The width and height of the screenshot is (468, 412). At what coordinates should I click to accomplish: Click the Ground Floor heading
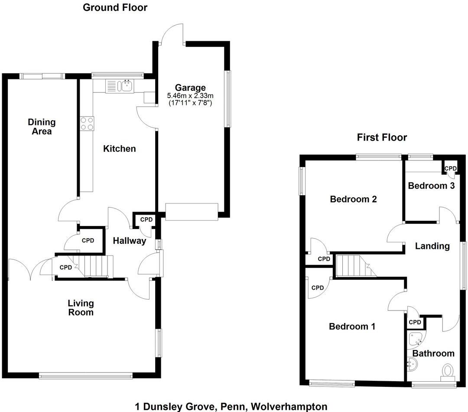[115, 7]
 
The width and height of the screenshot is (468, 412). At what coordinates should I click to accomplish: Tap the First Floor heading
[382, 137]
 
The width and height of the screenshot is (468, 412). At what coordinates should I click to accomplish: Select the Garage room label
[191, 88]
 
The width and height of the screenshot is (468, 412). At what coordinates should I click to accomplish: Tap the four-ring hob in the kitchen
[87, 124]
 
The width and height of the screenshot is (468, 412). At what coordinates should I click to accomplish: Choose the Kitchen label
[119, 149]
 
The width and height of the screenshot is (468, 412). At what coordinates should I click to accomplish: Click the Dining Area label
[42, 126]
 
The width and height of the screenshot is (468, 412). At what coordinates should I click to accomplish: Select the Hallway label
[130, 241]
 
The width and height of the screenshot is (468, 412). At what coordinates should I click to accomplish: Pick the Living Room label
[81, 307]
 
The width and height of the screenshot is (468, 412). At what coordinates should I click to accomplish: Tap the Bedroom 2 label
[353, 199]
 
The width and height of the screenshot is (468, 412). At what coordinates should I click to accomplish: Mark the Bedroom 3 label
[431, 186]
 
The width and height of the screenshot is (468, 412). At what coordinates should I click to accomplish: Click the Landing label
[432, 246]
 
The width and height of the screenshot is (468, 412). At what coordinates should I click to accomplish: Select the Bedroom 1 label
[352, 326]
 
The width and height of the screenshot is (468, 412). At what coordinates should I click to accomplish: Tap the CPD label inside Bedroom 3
[451, 168]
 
